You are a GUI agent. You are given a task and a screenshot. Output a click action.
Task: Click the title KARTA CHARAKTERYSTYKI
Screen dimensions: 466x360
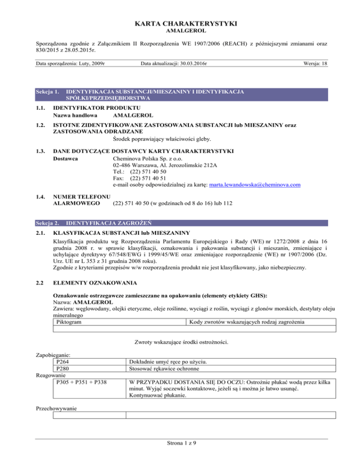coord(180,23)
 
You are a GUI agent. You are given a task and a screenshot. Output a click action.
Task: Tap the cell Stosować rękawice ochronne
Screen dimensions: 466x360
coord(165,368)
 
